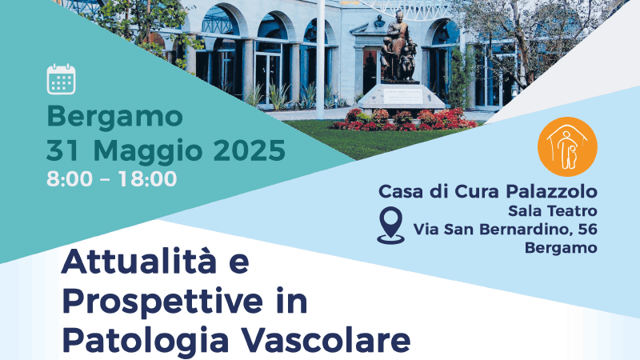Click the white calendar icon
tap(62, 79)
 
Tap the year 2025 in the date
tap(250, 150)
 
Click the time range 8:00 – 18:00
tap(112, 178)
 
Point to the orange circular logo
tap(567, 147)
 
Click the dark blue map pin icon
tap(390, 226)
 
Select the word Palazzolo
tap(551, 191)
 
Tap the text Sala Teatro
tap(553, 211)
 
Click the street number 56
tap(588, 229)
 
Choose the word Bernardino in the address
tap(524, 229)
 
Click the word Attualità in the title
tap(139, 262)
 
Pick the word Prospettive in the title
tap(162, 302)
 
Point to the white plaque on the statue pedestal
tap(403, 96)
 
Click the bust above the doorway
tap(379, 22)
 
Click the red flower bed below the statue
tap(403, 120)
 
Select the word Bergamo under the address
tap(561, 248)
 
